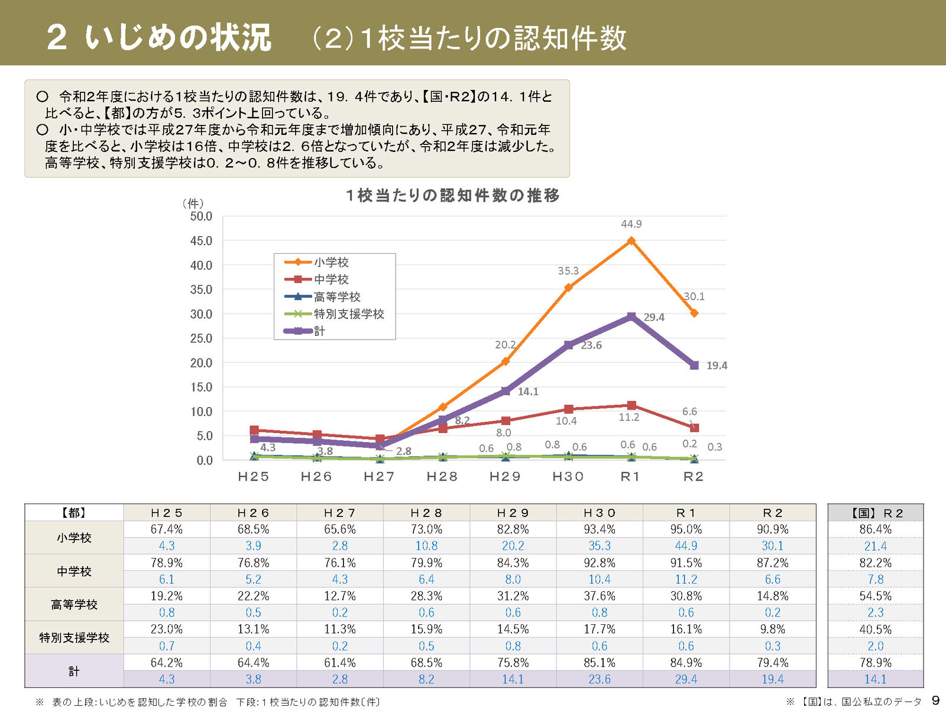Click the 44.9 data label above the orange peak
click(631, 224)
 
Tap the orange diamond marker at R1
click(631, 241)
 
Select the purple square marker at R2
click(694, 366)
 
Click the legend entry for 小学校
click(331, 262)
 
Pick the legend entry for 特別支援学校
click(349, 314)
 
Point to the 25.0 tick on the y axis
click(201, 338)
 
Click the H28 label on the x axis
click(442, 477)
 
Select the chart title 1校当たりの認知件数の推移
click(453, 195)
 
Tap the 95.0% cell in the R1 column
click(686, 529)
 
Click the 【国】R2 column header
click(876, 513)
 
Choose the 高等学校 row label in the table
click(74, 605)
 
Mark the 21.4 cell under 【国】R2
click(876, 546)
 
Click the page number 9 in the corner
click(935, 701)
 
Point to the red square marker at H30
click(568, 409)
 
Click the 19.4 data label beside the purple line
click(717, 366)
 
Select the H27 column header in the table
click(340, 513)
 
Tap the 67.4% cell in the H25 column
click(167, 529)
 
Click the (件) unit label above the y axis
click(193, 204)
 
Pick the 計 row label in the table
click(74, 671)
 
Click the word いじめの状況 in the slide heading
click(177, 37)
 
